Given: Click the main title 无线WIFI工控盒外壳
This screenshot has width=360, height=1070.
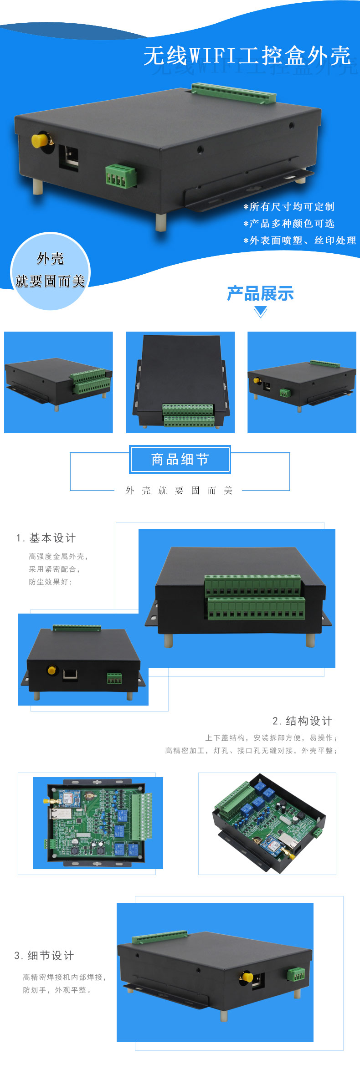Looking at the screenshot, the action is click(x=247, y=56).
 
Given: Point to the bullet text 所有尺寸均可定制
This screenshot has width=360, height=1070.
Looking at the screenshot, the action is click(x=289, y=207).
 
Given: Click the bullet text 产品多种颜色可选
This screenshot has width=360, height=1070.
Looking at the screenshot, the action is click(x=289, y=224).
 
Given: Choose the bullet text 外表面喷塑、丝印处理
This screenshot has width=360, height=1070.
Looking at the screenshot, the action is click(x=299, y=241).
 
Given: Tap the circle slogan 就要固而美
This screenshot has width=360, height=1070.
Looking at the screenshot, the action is click(x=50, y=281).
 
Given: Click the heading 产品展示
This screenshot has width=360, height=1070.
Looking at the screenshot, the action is click(x=260, y=294).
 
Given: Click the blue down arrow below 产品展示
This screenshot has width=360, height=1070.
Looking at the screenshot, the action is click(x=260, y=312).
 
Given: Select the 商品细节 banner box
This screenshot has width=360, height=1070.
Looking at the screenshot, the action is click(x=180, y=459).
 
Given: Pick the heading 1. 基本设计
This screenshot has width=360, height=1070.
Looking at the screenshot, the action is click(x=46, y=538).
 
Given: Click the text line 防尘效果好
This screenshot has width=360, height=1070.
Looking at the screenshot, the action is click(x=50, y=582).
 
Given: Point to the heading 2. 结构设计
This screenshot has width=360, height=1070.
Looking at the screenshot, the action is click(x=303, y=721).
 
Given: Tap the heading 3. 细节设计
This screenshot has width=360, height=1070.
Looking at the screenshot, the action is click(x=44, y=956).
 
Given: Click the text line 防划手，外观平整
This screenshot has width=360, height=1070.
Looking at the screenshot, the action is click(x=57, y=990).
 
